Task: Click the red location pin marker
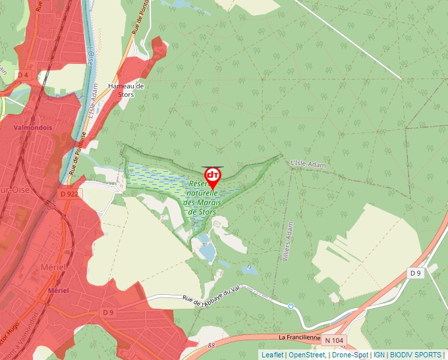point(213,176)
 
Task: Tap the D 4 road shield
point(23,75)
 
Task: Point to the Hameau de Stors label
point(125,90)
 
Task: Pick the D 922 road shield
point(69,194)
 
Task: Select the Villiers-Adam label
point(288,242)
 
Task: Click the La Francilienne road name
point(299,338)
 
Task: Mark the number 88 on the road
point(211,344)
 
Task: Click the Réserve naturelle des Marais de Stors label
point(203,197)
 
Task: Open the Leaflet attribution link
point(272,355)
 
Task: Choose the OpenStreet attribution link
point(307,355)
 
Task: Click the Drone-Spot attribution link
point(350,355)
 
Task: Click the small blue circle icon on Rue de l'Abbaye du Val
point(291,306)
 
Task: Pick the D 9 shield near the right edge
point(414,272)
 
